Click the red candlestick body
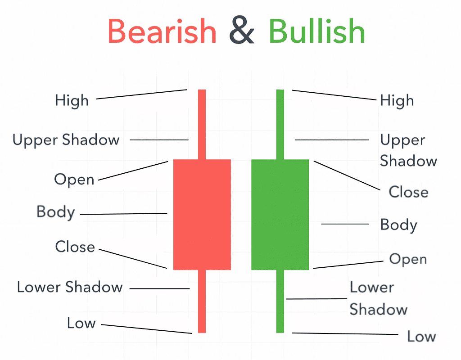[202, 214]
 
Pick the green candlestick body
[280, 214]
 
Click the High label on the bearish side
[72, 100]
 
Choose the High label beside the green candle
[397, 100]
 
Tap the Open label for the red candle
[74, 180]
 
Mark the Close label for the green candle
[408, 192]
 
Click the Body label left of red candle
[56, 212]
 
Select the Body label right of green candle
[398, 225]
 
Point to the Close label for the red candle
[75, 247]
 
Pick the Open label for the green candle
[408, 259]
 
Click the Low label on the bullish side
[421, 336]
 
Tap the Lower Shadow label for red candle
[70, 287]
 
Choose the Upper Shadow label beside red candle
[66, 140]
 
